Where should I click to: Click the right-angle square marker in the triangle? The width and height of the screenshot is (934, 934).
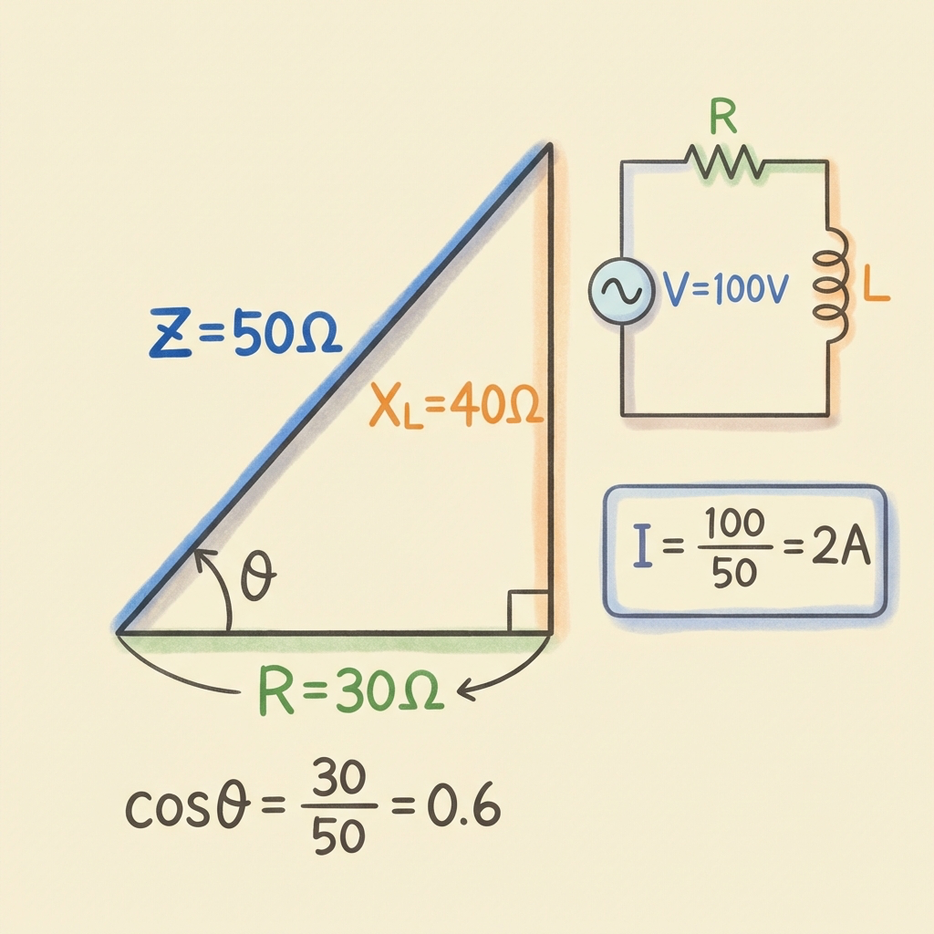click(x=527, y=610)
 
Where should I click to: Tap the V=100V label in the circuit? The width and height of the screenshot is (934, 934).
click(x=726, y=289)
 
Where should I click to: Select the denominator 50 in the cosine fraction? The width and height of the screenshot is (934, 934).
click(x=338, y=836)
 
